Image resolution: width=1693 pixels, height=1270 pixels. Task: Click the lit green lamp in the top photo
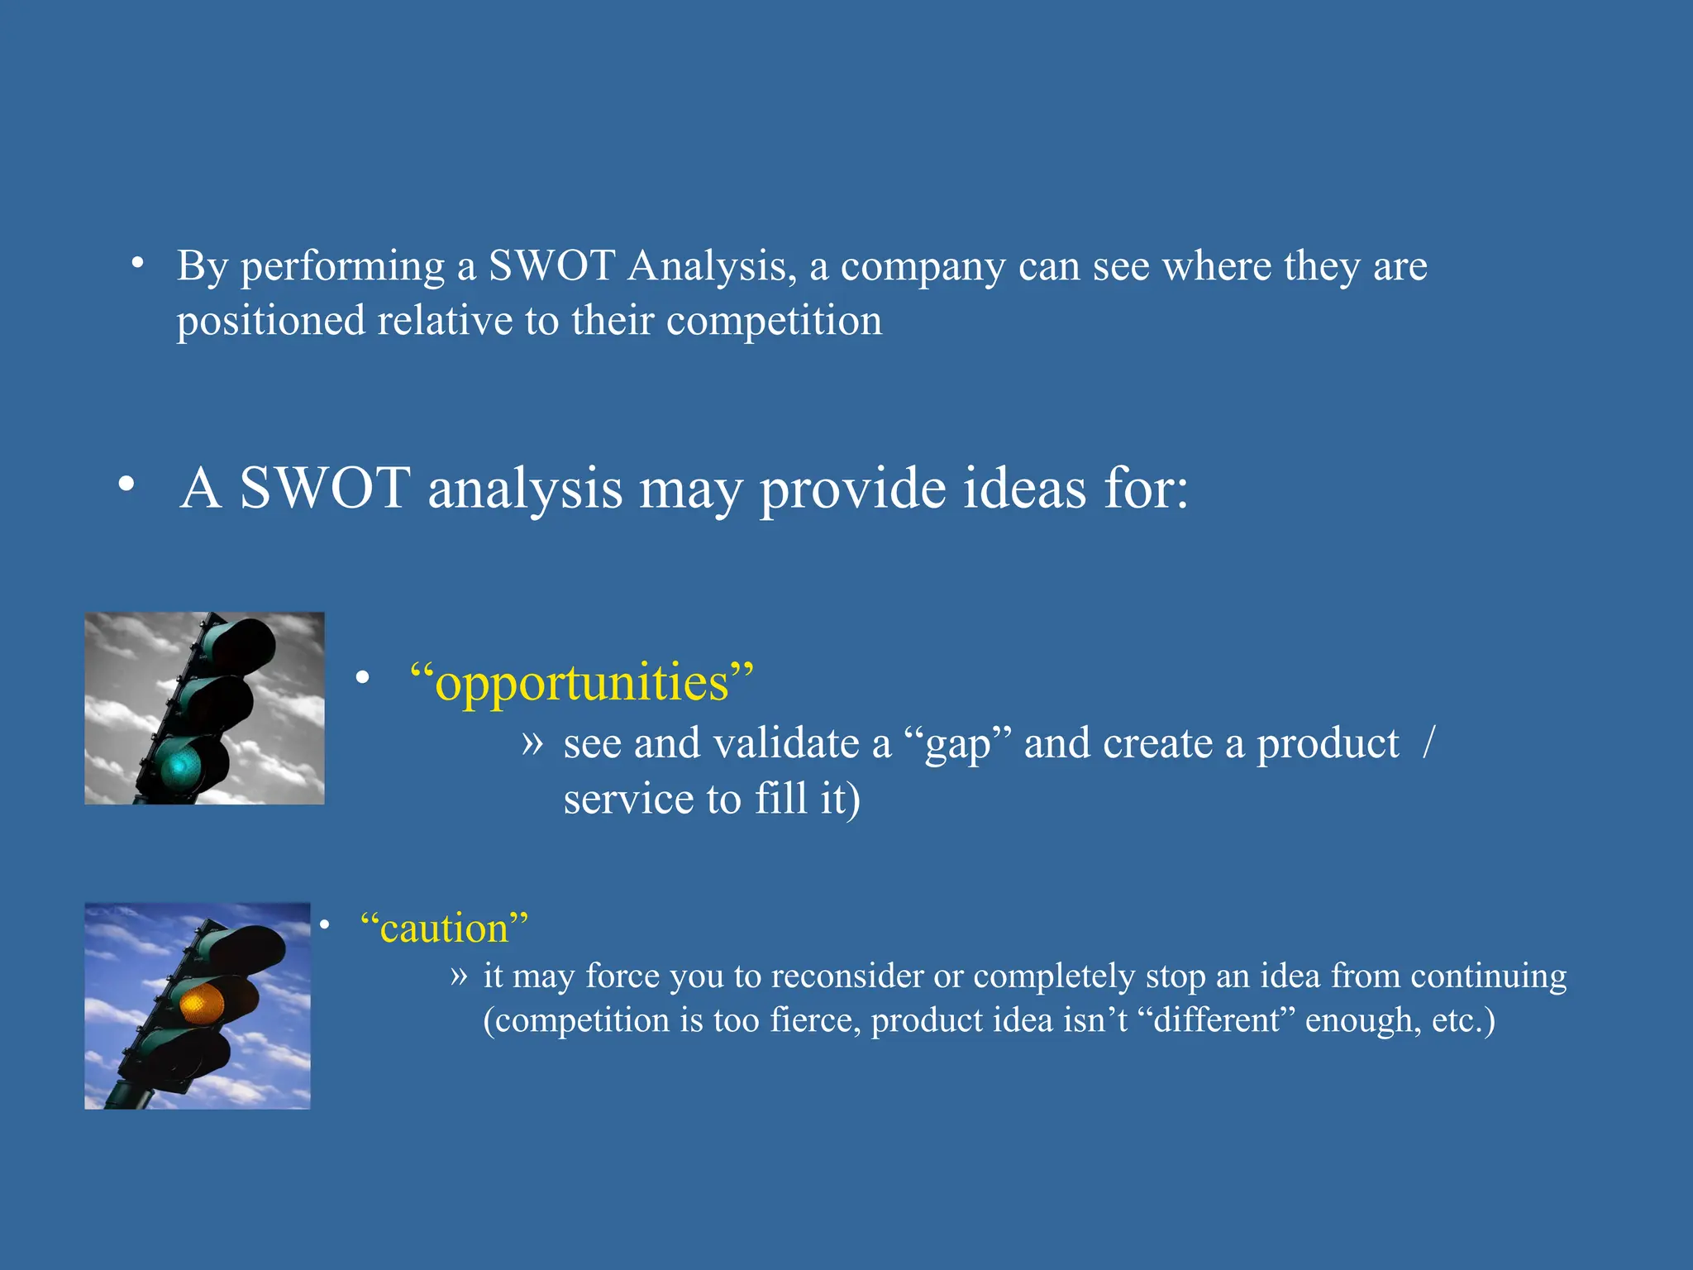coord(180,766)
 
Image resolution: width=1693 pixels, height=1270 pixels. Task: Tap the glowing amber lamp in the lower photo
coord(203,1003)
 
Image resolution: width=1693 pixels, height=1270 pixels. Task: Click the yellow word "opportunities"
coord(582,683)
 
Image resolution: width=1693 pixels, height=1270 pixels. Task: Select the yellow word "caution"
coord(444,929)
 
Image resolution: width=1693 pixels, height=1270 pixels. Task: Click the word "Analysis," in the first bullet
coord(712,266)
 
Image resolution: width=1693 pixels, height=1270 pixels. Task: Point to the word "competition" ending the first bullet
coord(774,321)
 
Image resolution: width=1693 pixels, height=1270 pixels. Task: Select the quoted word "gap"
coord(957,743)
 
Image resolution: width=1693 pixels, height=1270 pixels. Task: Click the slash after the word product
coord(1429,742)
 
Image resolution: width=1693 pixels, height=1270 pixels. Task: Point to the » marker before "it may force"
coord(460,976)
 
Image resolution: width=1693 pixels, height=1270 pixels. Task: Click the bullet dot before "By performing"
coord(138,264)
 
